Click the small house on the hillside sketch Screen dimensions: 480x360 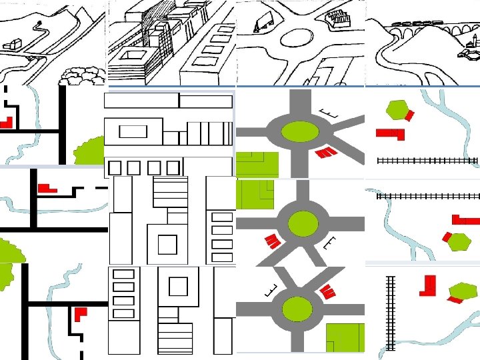tap(12, 44)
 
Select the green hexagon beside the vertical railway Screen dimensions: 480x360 tap(464, 291)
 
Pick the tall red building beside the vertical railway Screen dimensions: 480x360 tap(428, 285)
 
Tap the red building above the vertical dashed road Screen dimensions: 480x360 tap(80, 313)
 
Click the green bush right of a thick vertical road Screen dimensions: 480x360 tap(87, 151)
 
